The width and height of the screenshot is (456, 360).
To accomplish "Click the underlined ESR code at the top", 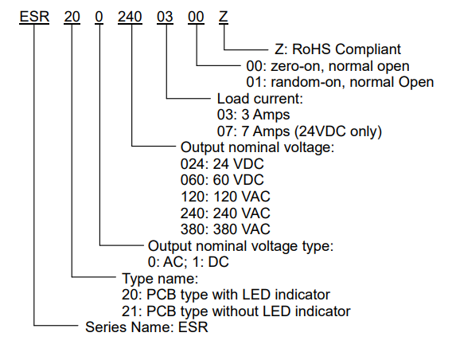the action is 34,17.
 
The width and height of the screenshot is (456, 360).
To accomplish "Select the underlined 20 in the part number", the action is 72,17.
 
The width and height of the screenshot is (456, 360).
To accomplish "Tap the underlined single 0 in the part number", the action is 99,17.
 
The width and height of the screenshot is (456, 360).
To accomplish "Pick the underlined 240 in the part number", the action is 130,17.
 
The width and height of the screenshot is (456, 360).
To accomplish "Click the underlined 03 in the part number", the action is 165,17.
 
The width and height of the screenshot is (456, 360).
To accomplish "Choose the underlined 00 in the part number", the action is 196,17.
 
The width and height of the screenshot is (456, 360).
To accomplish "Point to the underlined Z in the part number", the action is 223,17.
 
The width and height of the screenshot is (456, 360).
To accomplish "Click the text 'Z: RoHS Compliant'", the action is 337,49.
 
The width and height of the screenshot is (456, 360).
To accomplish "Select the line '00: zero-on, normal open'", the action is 328,66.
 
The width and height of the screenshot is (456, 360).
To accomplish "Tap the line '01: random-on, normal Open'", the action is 340,82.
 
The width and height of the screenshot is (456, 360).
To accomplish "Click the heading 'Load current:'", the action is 260,99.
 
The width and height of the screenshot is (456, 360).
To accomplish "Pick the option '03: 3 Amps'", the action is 253,115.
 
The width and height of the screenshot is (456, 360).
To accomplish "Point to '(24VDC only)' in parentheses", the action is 338,131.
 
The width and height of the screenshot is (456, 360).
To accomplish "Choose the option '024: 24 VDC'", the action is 222,164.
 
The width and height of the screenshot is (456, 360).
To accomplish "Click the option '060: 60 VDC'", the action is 222,180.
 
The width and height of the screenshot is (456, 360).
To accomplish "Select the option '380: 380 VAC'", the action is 225,229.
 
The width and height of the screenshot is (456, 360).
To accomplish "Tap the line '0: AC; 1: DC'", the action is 189,262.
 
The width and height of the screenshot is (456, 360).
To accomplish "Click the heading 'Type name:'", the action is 160,279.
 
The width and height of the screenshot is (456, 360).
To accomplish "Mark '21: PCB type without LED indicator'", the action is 236,311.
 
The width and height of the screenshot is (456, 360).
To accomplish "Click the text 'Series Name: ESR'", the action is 147,327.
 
